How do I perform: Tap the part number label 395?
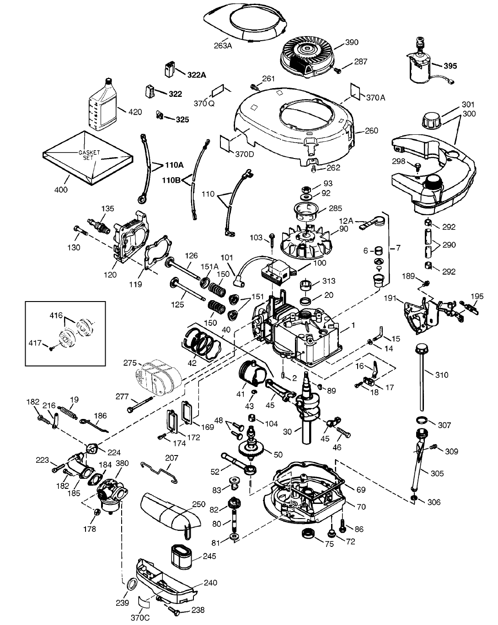point(450,66)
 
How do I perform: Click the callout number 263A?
point(223,46)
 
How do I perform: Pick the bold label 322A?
point(197,75)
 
